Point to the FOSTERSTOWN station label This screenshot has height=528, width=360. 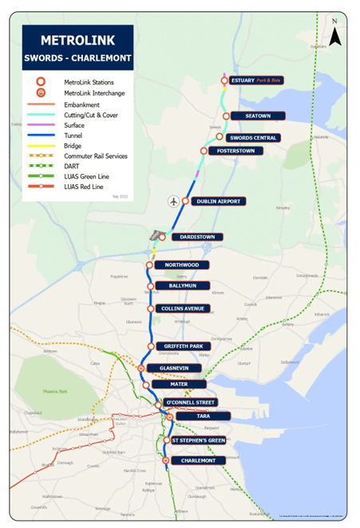pos(239,151)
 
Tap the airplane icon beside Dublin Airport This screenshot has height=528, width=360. pos(173,201)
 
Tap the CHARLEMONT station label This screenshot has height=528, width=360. pos(199,460)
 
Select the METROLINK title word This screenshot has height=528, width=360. pos(77,40)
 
